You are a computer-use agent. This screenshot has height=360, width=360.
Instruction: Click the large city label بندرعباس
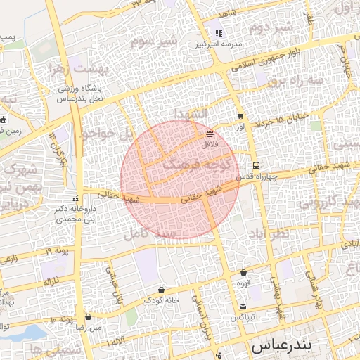[282, 347]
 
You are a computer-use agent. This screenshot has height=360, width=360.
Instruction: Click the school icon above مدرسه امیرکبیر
[219, 33]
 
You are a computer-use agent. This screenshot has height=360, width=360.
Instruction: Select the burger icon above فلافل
[210, 132]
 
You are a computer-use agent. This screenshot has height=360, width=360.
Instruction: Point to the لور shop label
[240, 127]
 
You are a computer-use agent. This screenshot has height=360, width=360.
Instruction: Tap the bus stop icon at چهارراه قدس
[255, 166]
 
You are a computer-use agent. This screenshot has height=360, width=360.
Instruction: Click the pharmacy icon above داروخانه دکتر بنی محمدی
[77, 198]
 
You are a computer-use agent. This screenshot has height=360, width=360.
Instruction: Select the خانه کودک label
[162, 300]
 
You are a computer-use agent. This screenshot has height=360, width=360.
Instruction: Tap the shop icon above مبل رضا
[88, 317]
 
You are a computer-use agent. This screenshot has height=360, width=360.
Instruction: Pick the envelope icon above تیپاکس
[243, 307]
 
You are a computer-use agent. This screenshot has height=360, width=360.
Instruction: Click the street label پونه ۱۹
[59, 251]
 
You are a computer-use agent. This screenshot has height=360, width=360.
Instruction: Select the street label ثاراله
[52, 281]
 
